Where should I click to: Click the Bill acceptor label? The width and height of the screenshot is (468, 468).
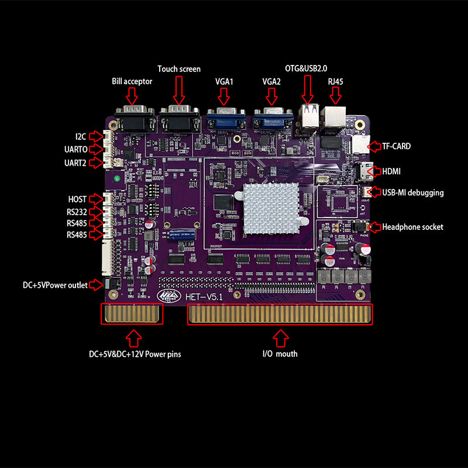132,81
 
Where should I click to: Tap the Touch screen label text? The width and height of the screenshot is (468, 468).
179,69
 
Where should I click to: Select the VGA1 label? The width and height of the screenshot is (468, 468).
223,81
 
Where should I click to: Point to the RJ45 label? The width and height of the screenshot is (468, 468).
336,81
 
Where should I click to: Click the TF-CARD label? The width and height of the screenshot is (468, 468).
396,146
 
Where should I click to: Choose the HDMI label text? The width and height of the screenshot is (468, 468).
394,171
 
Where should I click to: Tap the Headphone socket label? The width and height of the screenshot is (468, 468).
412,226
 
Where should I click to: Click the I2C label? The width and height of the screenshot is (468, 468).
81,136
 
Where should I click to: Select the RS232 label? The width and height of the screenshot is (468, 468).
77,212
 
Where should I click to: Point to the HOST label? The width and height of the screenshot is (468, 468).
77,199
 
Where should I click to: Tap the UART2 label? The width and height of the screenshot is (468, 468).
76,163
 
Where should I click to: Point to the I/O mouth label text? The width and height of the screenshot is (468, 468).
280,354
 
